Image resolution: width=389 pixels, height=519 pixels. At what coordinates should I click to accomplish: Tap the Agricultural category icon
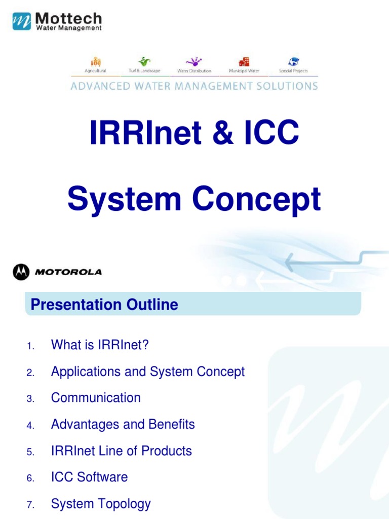point(95,61)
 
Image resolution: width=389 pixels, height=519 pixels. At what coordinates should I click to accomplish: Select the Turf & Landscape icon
point(145,61)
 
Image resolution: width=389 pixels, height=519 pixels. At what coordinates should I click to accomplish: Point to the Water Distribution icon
point(194,61)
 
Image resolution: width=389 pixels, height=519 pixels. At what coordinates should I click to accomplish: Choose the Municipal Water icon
point(244,61)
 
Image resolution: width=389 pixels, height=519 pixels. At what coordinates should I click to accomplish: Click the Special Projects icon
point(293,61)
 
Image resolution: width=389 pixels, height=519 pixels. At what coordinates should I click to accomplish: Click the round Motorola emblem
point(21,272)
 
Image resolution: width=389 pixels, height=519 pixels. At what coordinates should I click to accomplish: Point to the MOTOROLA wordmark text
point(68,272)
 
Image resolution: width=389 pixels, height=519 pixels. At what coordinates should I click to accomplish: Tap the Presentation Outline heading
point(104,305)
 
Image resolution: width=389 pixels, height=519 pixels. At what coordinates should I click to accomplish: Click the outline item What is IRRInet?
point(100,345)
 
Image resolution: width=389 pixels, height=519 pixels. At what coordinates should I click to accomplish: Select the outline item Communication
point(96,398)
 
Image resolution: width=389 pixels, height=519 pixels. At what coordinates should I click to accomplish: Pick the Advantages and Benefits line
point(123,424)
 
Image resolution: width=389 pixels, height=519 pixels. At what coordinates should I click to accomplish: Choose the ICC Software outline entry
point(89,477)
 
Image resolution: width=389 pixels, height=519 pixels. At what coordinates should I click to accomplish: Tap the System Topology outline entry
point(101,503)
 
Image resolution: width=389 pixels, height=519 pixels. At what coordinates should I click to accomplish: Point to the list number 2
point(30,373)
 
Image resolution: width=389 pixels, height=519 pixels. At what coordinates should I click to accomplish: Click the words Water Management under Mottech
point(68,28)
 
